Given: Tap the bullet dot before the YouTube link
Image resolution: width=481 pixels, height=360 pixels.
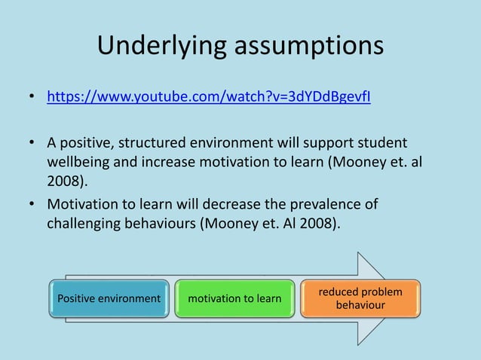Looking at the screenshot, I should (x=32, y=98).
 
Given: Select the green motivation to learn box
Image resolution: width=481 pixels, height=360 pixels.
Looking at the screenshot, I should (x=234, y=298).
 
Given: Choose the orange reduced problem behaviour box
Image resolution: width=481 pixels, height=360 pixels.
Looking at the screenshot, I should (x=360, y=298).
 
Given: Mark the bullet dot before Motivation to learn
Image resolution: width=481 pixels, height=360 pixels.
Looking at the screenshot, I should (x=32, y=206).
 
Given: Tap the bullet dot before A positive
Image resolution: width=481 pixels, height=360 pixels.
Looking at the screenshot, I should (x=32, y=143).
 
